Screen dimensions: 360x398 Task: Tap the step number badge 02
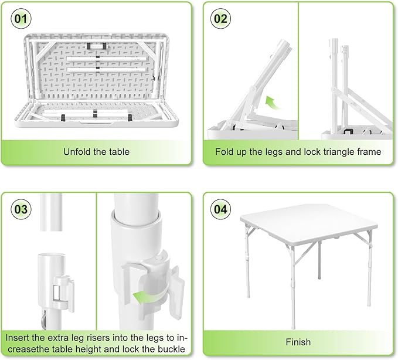220,18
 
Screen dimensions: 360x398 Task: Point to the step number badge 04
220,208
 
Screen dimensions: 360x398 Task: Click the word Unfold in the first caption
77,152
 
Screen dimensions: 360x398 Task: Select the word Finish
298,342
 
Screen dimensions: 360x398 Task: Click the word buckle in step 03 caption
171,350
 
